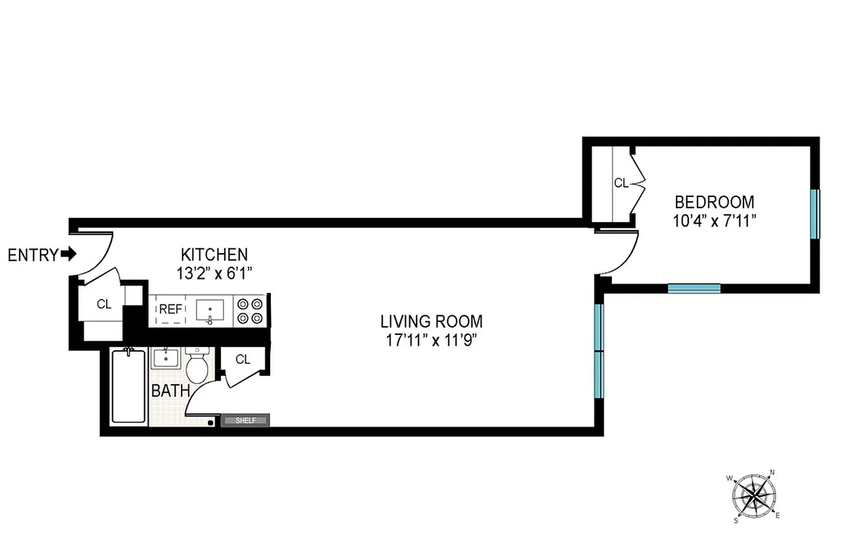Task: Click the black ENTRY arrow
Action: click(68, 254)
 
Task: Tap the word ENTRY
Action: click(32, 255)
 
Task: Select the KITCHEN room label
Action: click(214, 254)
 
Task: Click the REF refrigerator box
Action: click(170, 310)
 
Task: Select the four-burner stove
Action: click(251, 311)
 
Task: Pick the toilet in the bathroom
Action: click(197, 366)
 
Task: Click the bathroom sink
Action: click(165, 357)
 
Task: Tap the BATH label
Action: click(170, 391)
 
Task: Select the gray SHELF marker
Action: click(245, 421)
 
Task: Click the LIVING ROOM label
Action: click(431, 321)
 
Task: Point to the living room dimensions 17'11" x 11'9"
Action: click(431, 340)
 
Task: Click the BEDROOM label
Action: click(715, 201)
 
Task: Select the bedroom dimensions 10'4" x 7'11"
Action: click(715, 219)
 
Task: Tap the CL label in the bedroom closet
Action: click(621, 183)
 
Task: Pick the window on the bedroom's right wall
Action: click(814, 214)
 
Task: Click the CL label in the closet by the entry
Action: click(103, 304)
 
